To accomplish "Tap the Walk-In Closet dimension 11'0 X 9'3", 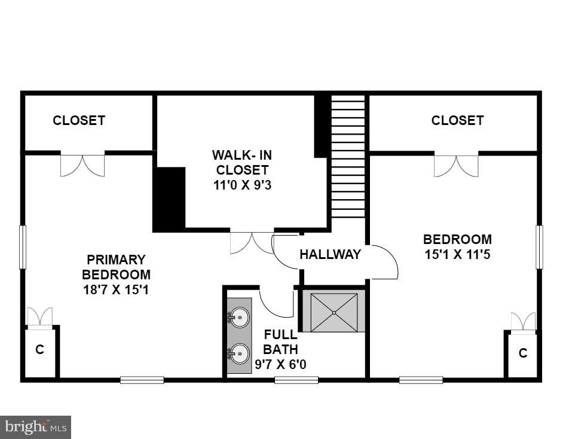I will (x=242, y=185).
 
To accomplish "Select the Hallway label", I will (x=330, y=254).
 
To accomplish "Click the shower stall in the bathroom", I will (x=334, y=312).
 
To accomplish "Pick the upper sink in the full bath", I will (x=240, y=317).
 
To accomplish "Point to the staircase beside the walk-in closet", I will (x=348, y=158).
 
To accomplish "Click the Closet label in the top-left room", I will (x=79, y=120).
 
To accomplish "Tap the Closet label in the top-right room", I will (x=457, y=120).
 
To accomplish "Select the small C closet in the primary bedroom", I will (x=40, y=350).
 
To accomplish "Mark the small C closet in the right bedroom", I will (x=522, y=353).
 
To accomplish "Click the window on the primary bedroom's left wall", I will (x=23, y=247).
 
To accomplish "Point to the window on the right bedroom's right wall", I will (x=539, y=247).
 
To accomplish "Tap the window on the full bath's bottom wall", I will (x=296, y=379).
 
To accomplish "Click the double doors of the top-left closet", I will (x=82, y=165).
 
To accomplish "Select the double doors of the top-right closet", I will (x=456, y=166).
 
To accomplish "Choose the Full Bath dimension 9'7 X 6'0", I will (x=280, y=364).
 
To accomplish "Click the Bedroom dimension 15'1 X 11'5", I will (x=457, y=254).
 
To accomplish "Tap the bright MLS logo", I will (x=36, y=427).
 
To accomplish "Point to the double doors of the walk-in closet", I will (x=252, y=242).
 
